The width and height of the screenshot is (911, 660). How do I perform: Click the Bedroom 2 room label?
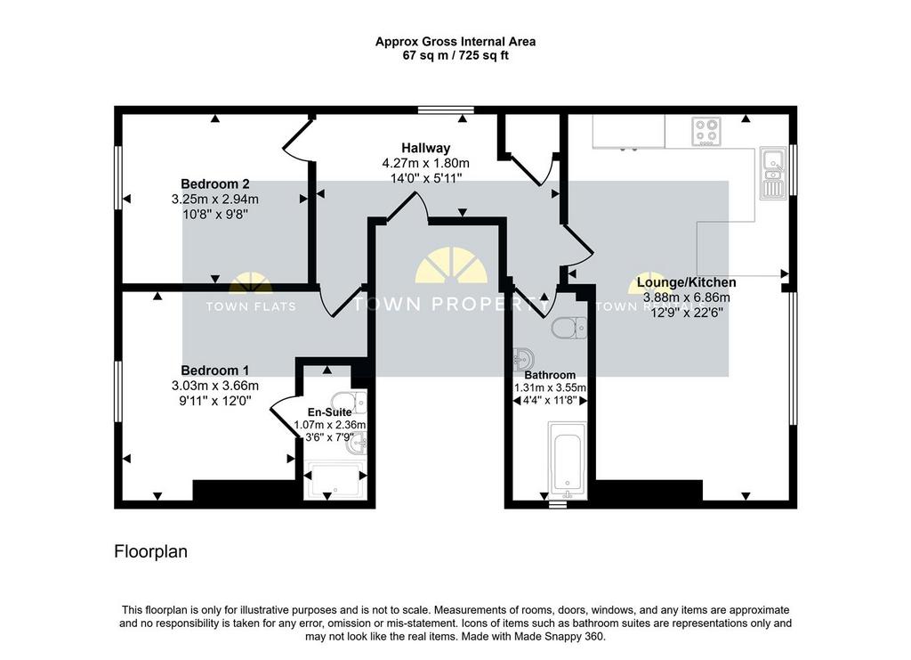pyautogui.click(x=215, y=184)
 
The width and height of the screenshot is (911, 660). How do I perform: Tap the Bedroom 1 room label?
pyautogui.click(x=215, y=371)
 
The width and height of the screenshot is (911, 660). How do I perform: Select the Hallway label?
pyautogui.click(x=426, y=148)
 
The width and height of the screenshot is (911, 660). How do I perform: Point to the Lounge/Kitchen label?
pyautogui.click(x=686, y=282)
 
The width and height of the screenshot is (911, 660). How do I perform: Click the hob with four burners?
pyautogui.click(x=707, y=132)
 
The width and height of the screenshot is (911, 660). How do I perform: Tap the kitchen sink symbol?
pyautogui.click(x=773, y=172)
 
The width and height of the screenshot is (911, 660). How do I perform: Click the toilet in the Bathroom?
pyautogui.click(x=568, y=328)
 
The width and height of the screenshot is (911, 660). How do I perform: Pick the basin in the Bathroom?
pyautogui.click(x=524, y=359)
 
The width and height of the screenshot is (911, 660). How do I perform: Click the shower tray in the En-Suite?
pyautogui.click(x=335, y=480)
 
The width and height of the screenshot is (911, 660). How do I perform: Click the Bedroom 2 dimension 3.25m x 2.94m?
pyautogui.click(x=215, y=200)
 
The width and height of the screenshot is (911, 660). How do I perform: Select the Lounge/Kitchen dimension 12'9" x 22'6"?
pyautogui.click(x=686, y=313)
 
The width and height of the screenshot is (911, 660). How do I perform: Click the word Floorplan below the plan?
pyautogui.click(x=151, y=551)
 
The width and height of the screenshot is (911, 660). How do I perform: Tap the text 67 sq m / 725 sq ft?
pyautogui.click(x=455, y=56)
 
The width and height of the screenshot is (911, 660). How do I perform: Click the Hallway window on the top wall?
pyautogui.click(x=446, y=110)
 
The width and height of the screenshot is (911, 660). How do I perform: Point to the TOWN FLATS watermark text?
pyautogui.click(x=251, y=306)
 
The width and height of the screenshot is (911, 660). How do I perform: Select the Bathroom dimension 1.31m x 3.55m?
pyautogui.click(x=550, y=387)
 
